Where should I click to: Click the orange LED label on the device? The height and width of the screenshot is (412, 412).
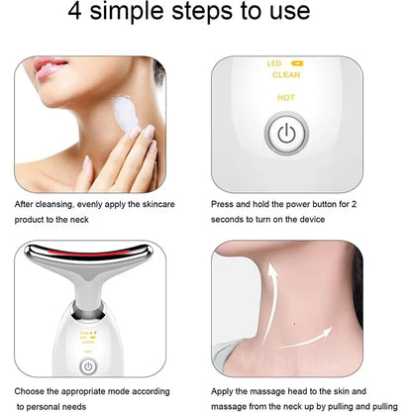pos(276,62)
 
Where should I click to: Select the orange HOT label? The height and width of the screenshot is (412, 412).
pos(286,98)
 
